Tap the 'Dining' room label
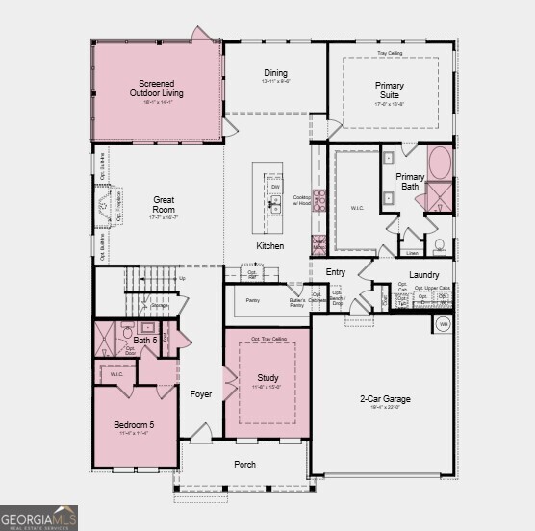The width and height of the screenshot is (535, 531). [x=275, y=73]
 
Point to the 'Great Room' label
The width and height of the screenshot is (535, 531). [x=164, y=205]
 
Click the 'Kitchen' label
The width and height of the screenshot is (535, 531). [x=269, y=246]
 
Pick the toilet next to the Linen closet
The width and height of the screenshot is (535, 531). [x=439, y=246]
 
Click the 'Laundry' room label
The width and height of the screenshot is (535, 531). [x=423, y=275]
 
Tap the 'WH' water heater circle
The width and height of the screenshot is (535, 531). [x=444, y=324]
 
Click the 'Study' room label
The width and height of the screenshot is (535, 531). [x=267, y=378]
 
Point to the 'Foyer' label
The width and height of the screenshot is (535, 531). [x=200, y=394]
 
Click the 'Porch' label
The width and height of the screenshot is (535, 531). [x=245, y=464]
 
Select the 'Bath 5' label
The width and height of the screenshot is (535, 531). [x=144, y=341]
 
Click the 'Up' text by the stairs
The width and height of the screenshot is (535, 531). [x=183, y=278]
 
